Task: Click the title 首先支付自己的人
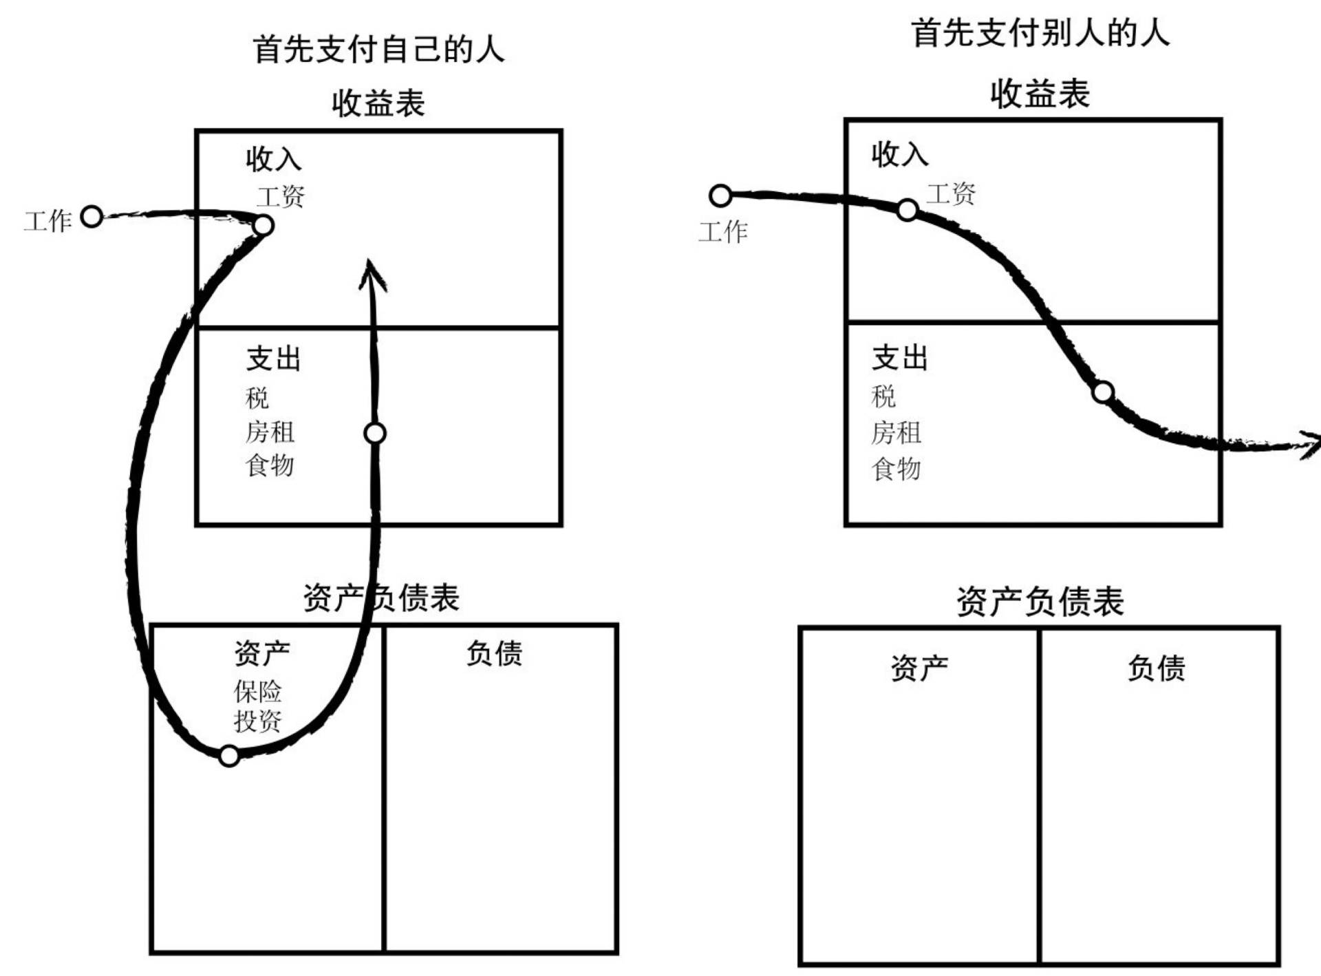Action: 378,50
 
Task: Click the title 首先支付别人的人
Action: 1040,33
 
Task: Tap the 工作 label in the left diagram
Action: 48,221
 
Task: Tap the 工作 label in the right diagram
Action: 723,231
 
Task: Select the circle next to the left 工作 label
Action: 92,216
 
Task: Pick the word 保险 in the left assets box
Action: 257,690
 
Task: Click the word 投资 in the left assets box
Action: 257,721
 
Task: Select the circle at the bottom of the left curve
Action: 229,756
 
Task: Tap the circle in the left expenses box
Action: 375,433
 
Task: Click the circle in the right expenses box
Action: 1103,392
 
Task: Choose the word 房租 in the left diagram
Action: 270,432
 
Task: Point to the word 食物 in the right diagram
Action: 896,469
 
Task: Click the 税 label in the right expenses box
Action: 883,396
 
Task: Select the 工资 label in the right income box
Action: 951,193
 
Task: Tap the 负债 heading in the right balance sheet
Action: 1156,668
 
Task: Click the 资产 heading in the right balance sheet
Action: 919,668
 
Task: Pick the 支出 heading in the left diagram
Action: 274,359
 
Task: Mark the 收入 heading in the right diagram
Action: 900,154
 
